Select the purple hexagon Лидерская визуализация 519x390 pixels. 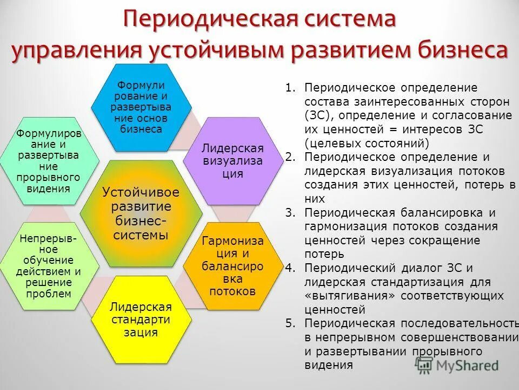(x=232, y=161)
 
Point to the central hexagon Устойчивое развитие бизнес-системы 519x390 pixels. (x=141, y=213)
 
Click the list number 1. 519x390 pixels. (x=291, y=87)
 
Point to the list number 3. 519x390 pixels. (x=291, y=213)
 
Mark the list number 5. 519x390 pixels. (x=291, y=323)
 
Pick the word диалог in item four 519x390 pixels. (x=422, y=268)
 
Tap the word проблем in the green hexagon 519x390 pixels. (x=49, y=294)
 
